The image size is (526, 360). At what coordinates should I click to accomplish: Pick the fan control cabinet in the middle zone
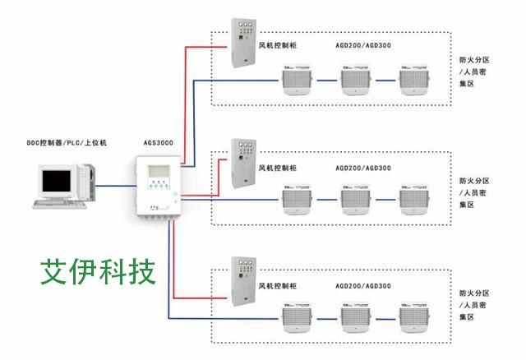pyautogui.click(x=244, y=164)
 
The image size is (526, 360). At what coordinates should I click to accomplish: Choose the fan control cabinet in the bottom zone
pyautogui.click(x=244, y=284)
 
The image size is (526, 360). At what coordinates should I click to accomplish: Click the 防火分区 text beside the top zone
pyautogui.click(x=474, y=59)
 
